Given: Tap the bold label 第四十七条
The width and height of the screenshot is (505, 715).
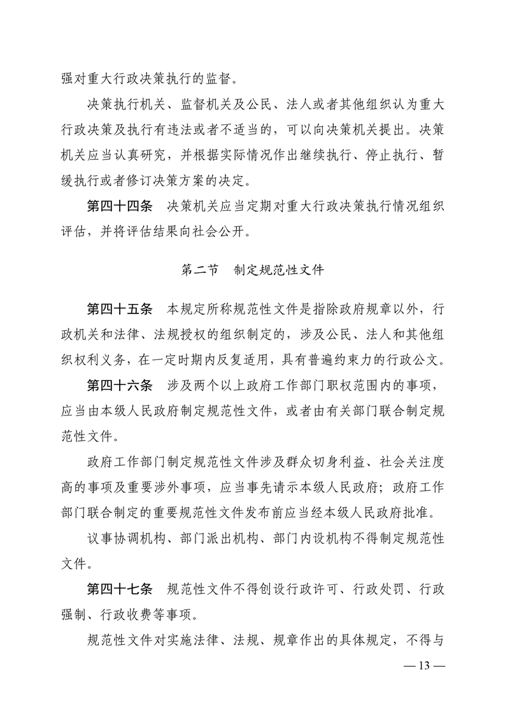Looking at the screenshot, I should click(119, 589).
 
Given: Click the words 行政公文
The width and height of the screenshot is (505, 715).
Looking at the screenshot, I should click(411, 359).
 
